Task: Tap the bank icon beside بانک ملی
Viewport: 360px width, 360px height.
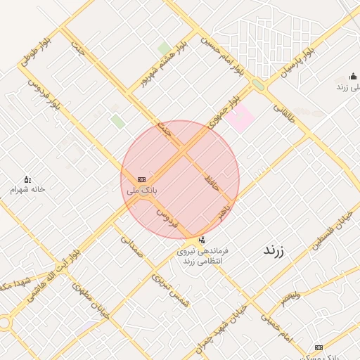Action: pos(142,180)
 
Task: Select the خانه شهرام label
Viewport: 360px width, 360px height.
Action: pos(27,190)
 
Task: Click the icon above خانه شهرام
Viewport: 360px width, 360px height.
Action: pos(27,179)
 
